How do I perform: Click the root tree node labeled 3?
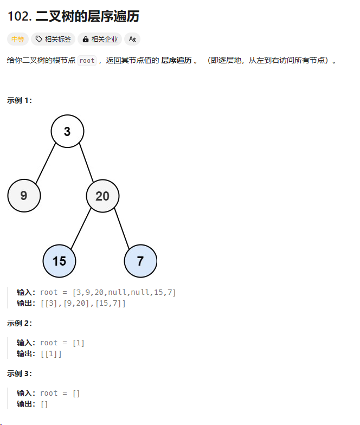(67, 131)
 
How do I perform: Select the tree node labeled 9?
(24, 196)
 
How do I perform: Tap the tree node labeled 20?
(102, 196)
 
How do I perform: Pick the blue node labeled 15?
(59, 261)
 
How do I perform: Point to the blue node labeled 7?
(140, 261)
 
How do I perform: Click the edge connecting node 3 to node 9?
(46, 163)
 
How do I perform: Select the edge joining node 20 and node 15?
(81, 228)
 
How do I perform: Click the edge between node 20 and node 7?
(121, 228)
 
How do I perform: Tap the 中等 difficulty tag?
(17, 39)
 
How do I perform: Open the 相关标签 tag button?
(53, 39)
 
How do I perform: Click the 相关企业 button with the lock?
(100, 39)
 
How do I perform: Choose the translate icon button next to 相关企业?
(132, 39)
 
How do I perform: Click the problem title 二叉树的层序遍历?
(87, 17)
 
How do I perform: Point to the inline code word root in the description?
(87, 60)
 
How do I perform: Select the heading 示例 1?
(20, 100)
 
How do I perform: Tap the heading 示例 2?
(20, 323)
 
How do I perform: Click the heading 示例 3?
(20, 374)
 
